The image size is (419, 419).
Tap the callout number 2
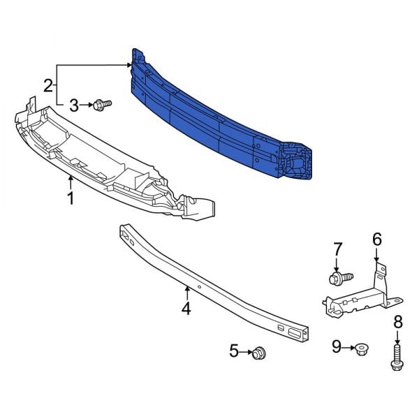(47, 86)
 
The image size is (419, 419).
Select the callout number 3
(74, 105)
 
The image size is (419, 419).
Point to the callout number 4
(186, 307)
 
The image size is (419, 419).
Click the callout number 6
(376, 240)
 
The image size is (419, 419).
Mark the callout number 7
(337, 249)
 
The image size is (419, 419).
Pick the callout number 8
(398, 322)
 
